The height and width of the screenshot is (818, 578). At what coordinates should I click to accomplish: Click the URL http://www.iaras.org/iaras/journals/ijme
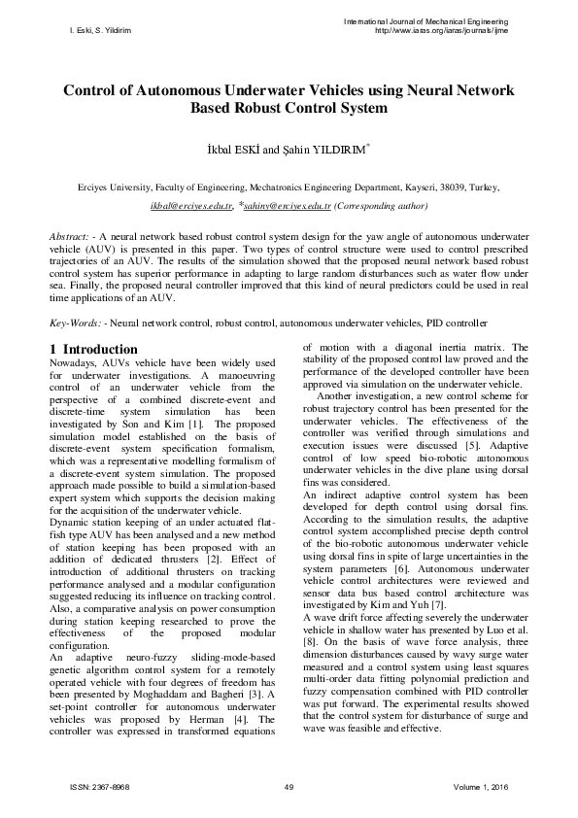(x=442, y=30)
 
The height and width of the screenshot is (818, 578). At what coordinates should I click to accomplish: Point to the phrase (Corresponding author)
(x=380, y=207)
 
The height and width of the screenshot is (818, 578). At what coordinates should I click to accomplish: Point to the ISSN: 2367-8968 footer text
(x=100, y=785)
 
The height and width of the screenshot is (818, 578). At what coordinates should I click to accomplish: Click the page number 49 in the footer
(x=289, y=785)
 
